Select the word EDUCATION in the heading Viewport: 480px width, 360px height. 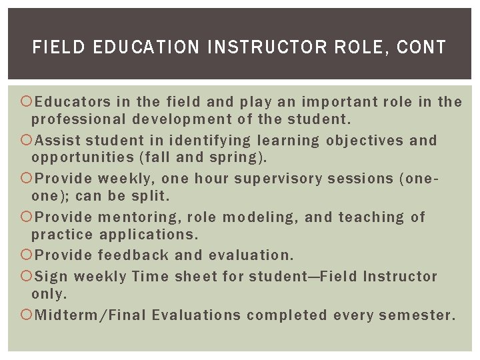coord(145,47)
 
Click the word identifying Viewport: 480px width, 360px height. coord(210,141)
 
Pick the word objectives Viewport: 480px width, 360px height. coord(365,141)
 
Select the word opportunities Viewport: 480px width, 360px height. coord(83,157)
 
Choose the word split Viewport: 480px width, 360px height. coord(150,196)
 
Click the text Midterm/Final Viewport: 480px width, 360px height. coord(90,315)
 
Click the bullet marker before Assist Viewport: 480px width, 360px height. coord(27,141)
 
